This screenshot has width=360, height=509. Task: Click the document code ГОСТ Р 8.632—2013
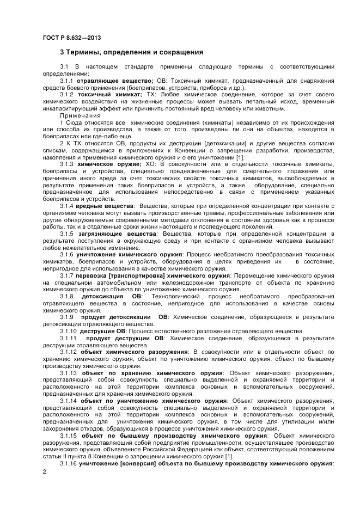point(71,38)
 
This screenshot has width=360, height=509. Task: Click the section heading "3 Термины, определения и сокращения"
point(131,52)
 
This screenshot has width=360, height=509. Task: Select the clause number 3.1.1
point(68,81)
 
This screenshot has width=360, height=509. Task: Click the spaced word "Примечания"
point(81,115)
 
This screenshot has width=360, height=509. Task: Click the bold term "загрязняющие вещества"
point(118,234)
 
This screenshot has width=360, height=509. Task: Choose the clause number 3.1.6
point(68,254)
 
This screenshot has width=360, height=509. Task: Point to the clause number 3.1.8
point(68,296)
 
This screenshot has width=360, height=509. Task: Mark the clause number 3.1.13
point(69,372)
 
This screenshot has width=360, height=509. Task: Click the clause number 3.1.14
point(69,400)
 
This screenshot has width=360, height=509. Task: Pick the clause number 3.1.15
point(69,435)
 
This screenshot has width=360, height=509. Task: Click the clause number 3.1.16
point(69,463)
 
